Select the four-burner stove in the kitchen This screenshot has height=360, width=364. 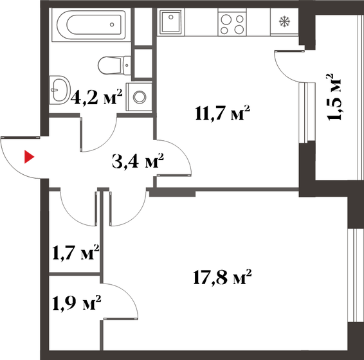pyautogui.click(x=232, y=24)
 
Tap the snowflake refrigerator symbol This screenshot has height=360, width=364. pyautogui.click(x=283, y=22)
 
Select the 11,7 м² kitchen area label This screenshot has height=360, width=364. pyautogui.click(x=222, y=114)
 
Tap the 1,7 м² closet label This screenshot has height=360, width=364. pyautogui.click(x=74, y=251)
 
